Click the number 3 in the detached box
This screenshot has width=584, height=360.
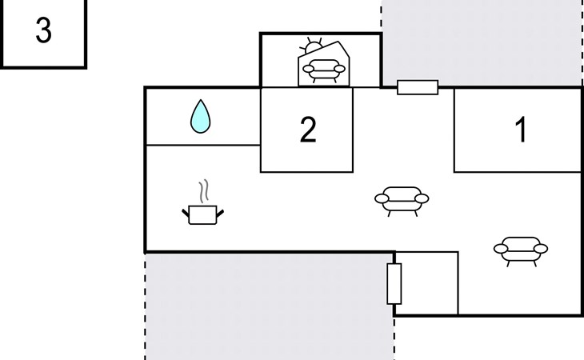(43, 30)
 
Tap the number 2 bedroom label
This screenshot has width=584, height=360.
(308, 130)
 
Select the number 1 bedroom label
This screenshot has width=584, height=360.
(522, 129)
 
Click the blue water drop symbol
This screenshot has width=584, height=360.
(200, 116)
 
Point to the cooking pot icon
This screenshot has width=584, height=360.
(202, 215)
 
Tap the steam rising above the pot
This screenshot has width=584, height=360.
(203, 191)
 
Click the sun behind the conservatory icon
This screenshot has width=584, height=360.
(312, 46)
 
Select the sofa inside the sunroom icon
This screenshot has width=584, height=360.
(324, 70)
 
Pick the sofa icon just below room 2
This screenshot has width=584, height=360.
(402, 201)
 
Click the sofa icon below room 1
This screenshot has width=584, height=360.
(521, 251)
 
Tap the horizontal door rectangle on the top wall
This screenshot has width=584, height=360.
(418, 87)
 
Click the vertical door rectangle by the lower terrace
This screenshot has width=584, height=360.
(394, 284)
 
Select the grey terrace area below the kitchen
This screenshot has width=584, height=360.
(270, 306)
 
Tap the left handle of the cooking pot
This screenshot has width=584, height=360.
(186, 214)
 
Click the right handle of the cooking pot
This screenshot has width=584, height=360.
(220, 214)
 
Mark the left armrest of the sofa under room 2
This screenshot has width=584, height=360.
(382, 199)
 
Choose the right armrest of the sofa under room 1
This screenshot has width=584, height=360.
(541, 248)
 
